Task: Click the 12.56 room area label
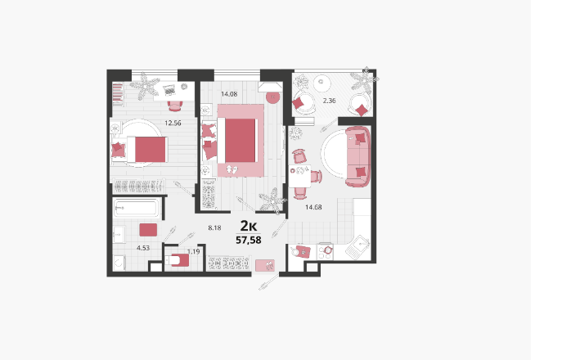pos(173,124)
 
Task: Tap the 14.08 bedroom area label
pos(229,94)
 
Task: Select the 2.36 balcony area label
pos(329,101)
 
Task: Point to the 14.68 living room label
pos(313,207)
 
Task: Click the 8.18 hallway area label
pos(214,228)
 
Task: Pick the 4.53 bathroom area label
pos(143,248)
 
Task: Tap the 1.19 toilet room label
pos(193,251)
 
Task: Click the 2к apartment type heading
pos(249,226)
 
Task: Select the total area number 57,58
pos(249,240)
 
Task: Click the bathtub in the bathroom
pos(136,208)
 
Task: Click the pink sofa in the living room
pos(358,156)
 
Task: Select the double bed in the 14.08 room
pos(237,141)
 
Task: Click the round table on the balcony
pos(321,83)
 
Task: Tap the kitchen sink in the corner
pos(357,246)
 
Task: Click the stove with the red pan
pos(326,251)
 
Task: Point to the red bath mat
pos(148,230)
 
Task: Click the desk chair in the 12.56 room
pos(175,106)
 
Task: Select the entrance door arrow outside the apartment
pos(269,283)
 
